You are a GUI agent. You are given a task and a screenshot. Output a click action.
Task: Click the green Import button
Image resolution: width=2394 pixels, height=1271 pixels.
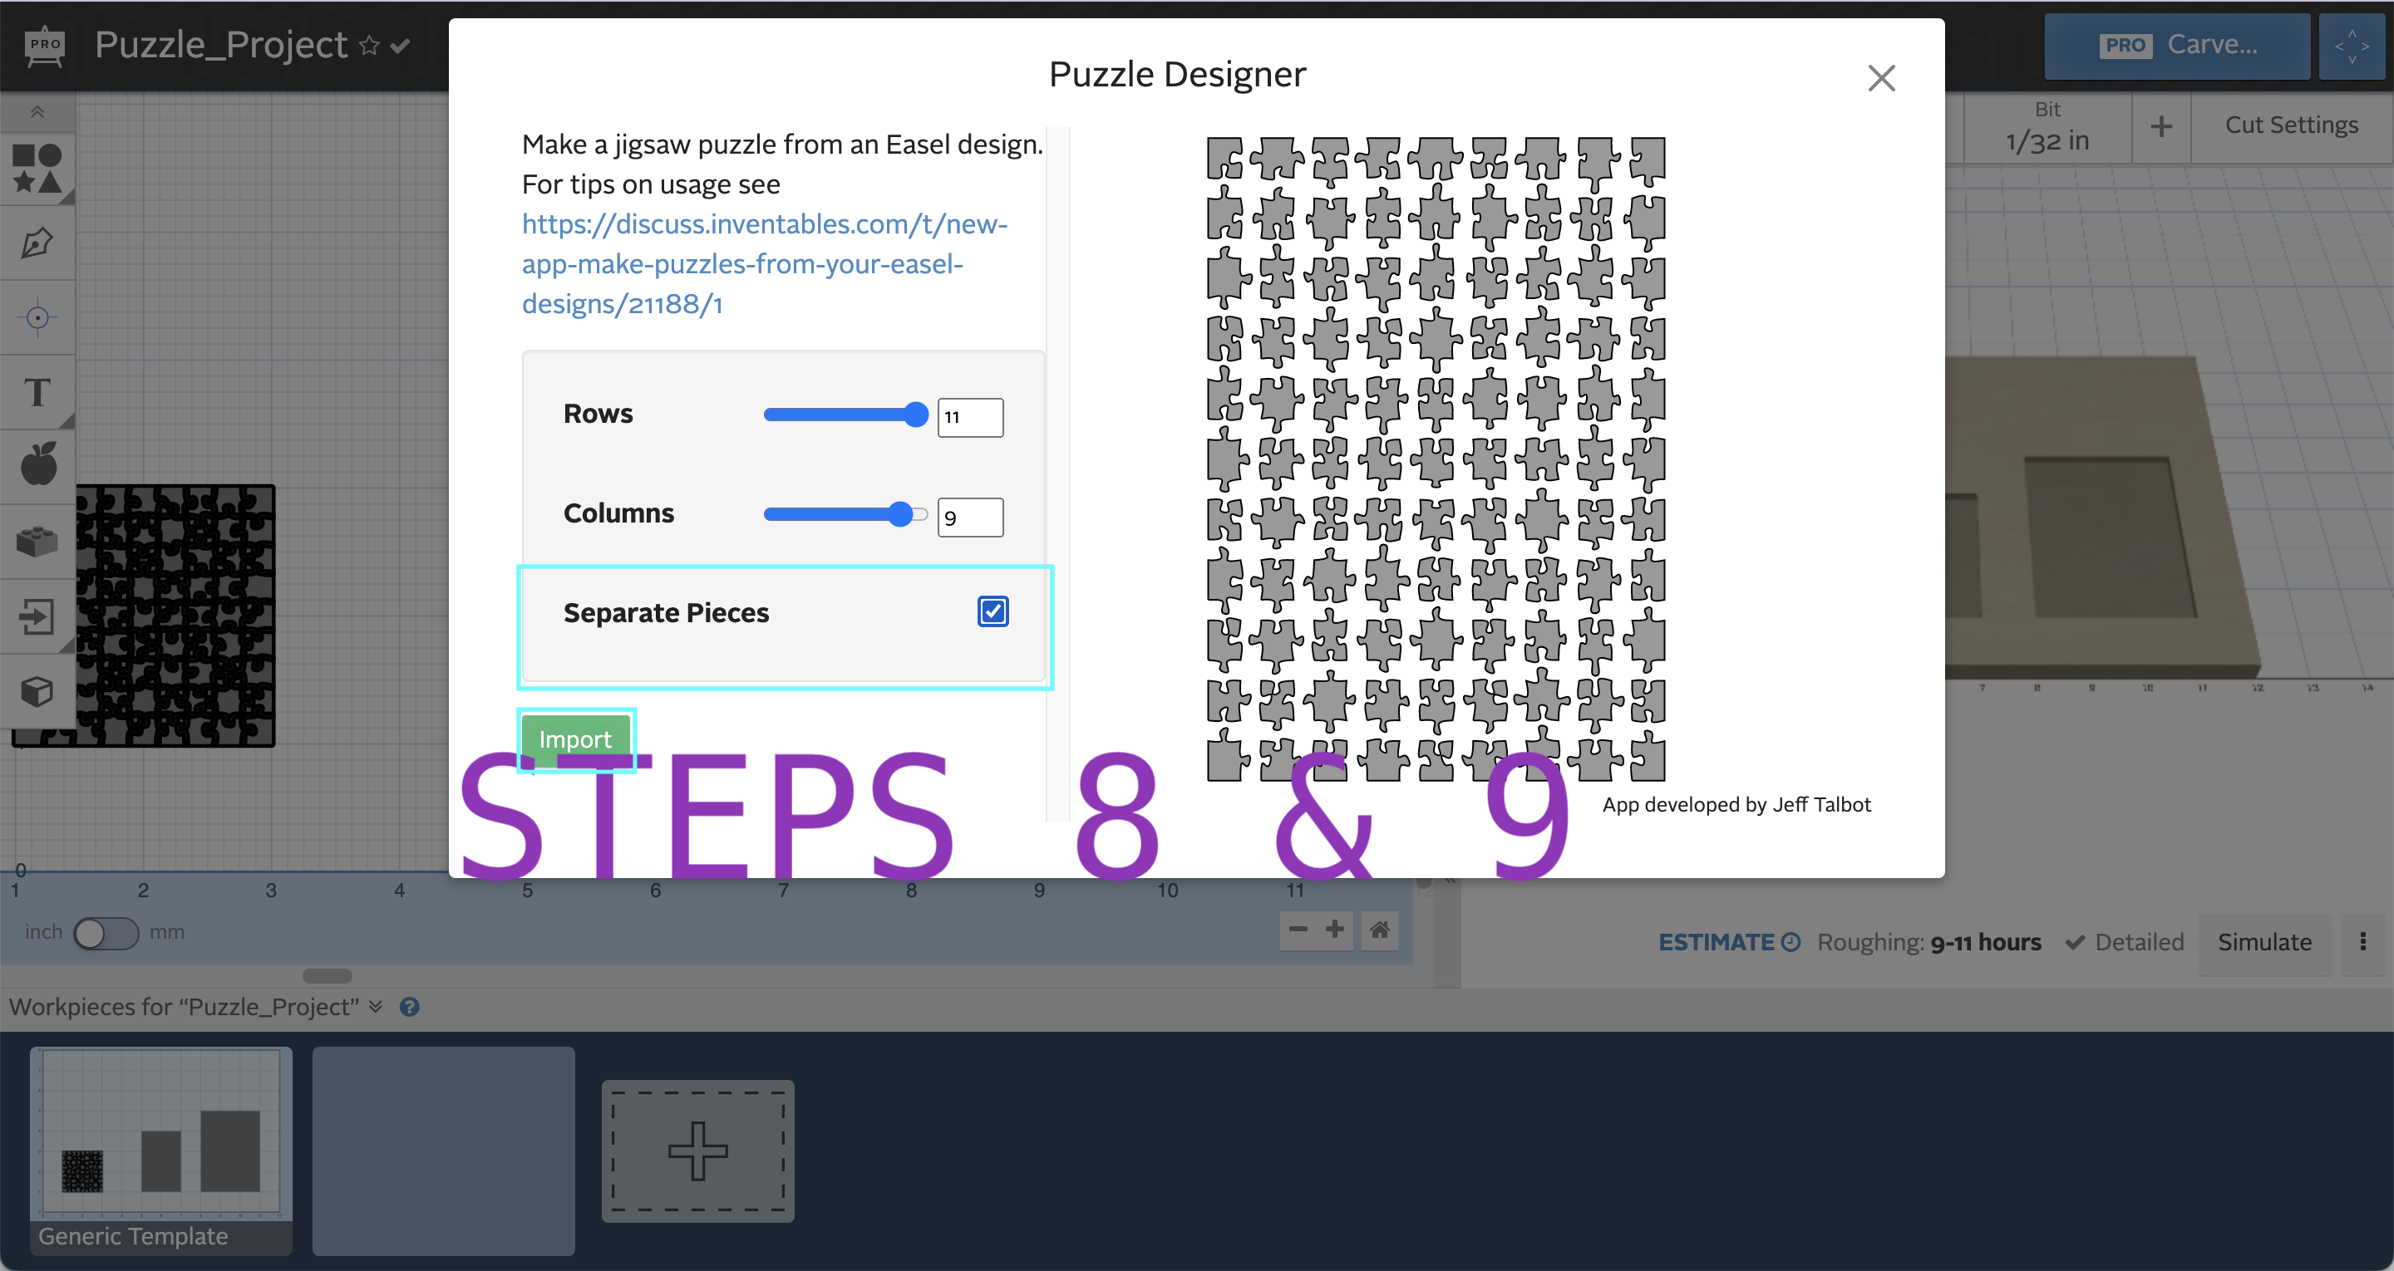pyautogui.click(x=575, y=739)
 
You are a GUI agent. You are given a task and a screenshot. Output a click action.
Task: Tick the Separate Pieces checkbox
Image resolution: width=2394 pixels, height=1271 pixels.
pyautogui.click(x=993, y=611)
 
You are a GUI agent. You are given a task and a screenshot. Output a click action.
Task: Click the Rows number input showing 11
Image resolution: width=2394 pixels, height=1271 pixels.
pyautogui.click(x=969, y=417)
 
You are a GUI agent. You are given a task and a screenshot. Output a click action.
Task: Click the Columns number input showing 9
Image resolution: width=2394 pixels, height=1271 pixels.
pyautogui.click(x=969, y=518)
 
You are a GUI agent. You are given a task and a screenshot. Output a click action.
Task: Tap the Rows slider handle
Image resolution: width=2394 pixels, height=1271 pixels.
pyautogui.click(x=915, y=415)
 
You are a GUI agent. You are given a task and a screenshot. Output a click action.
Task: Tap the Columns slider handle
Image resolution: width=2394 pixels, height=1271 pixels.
pyautogui.click(x=899, y=513)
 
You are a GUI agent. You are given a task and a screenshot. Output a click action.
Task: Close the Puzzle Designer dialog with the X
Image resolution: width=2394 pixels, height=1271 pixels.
pyautogui.click(x=1881, y=78)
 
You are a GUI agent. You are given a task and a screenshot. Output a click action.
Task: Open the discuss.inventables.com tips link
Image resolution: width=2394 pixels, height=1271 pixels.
pyautogui.click(x=764, y=264)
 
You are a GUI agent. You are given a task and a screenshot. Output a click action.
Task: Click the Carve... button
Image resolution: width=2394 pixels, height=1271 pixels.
pyautogui.click(x=2176, y=46)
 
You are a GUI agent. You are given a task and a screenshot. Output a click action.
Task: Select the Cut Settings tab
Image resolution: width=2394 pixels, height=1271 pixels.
pyautogui.click(x=2291, y=125)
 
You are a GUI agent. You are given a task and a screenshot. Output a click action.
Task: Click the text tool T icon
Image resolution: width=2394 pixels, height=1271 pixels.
pyautogui.click(x=37, y=392)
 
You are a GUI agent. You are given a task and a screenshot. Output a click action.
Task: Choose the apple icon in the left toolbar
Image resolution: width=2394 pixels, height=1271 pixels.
pyautogui.click(x=38, y=464)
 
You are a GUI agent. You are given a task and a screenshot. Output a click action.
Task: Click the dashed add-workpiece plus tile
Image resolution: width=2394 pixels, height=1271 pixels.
pyautogui.click(x=698, y=1151)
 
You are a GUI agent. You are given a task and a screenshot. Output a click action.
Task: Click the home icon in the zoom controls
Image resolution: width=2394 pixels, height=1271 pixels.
pyautogui.click(x=1380, y=929)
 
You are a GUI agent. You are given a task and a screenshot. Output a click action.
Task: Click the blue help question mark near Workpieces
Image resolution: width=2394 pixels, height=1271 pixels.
pyautogui.click(x=409, y=1007)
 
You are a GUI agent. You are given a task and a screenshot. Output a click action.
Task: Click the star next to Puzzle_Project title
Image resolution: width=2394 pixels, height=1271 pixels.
pyautogui.click(x=369, y=46)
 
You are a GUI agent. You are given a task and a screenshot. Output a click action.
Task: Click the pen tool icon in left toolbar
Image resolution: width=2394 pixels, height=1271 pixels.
pyautogui.click(x=37, y=243)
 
